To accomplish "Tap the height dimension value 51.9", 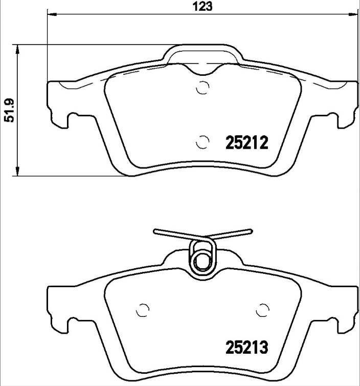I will pyautogui.click(x=8, y=111).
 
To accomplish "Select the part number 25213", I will pyautogui.click(x=247, y=348).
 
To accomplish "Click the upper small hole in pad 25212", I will pyautogui.click(x=203, y=89).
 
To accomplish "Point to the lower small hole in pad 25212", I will pyautogui.click(x=203, y=142).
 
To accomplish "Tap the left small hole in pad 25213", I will pyautogui.click(x=143, y=310).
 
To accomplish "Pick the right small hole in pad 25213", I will pyautogui.click(x=263, y=310).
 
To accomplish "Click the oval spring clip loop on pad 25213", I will pyautogui.click(x=202, y=254).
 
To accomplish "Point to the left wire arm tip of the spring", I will pyautogui.click(x=155, y=231).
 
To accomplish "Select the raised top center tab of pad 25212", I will pyautogui.click(x=202, y=51).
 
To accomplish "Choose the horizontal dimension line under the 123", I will pyautogui.click(x=128, y=14).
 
